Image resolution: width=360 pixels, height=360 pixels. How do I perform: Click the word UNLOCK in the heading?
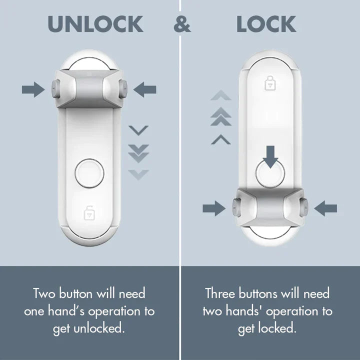tap(95, 24)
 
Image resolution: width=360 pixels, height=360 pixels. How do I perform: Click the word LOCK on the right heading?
tap(266, 24)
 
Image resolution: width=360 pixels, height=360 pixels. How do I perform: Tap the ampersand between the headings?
tap(182, 24)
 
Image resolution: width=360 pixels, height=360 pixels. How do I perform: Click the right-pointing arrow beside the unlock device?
tap(33, 90)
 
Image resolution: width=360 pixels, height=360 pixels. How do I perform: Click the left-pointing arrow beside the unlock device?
tap(146, 90)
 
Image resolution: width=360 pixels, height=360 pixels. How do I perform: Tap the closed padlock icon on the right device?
tap(270, 83)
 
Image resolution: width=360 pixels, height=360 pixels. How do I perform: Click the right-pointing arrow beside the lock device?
tap(213, 208)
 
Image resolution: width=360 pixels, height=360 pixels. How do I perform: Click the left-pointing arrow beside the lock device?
tap(326, 208)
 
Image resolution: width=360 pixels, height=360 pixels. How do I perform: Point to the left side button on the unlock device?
tap(54, 89)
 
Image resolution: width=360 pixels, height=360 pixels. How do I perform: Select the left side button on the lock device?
tap(235, 205)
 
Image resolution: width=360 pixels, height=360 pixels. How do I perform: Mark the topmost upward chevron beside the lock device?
tap(221, 95)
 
